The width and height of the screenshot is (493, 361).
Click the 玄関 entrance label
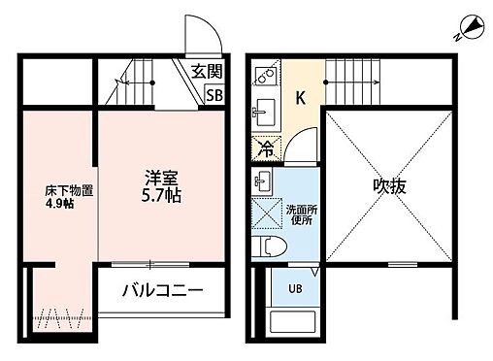coord(205,71)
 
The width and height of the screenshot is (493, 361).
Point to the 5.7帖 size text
coord(160,195)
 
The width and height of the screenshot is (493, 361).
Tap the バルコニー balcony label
coord(161,290)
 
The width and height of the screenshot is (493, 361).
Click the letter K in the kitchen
coord(301,96)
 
